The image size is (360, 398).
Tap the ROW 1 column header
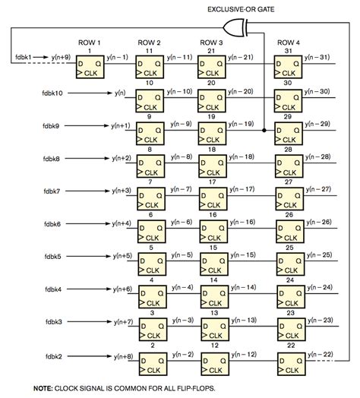click(x=89, y=43)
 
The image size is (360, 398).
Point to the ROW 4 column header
click(x=288, y=43)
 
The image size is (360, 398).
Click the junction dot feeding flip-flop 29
click(x=264, y=131)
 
